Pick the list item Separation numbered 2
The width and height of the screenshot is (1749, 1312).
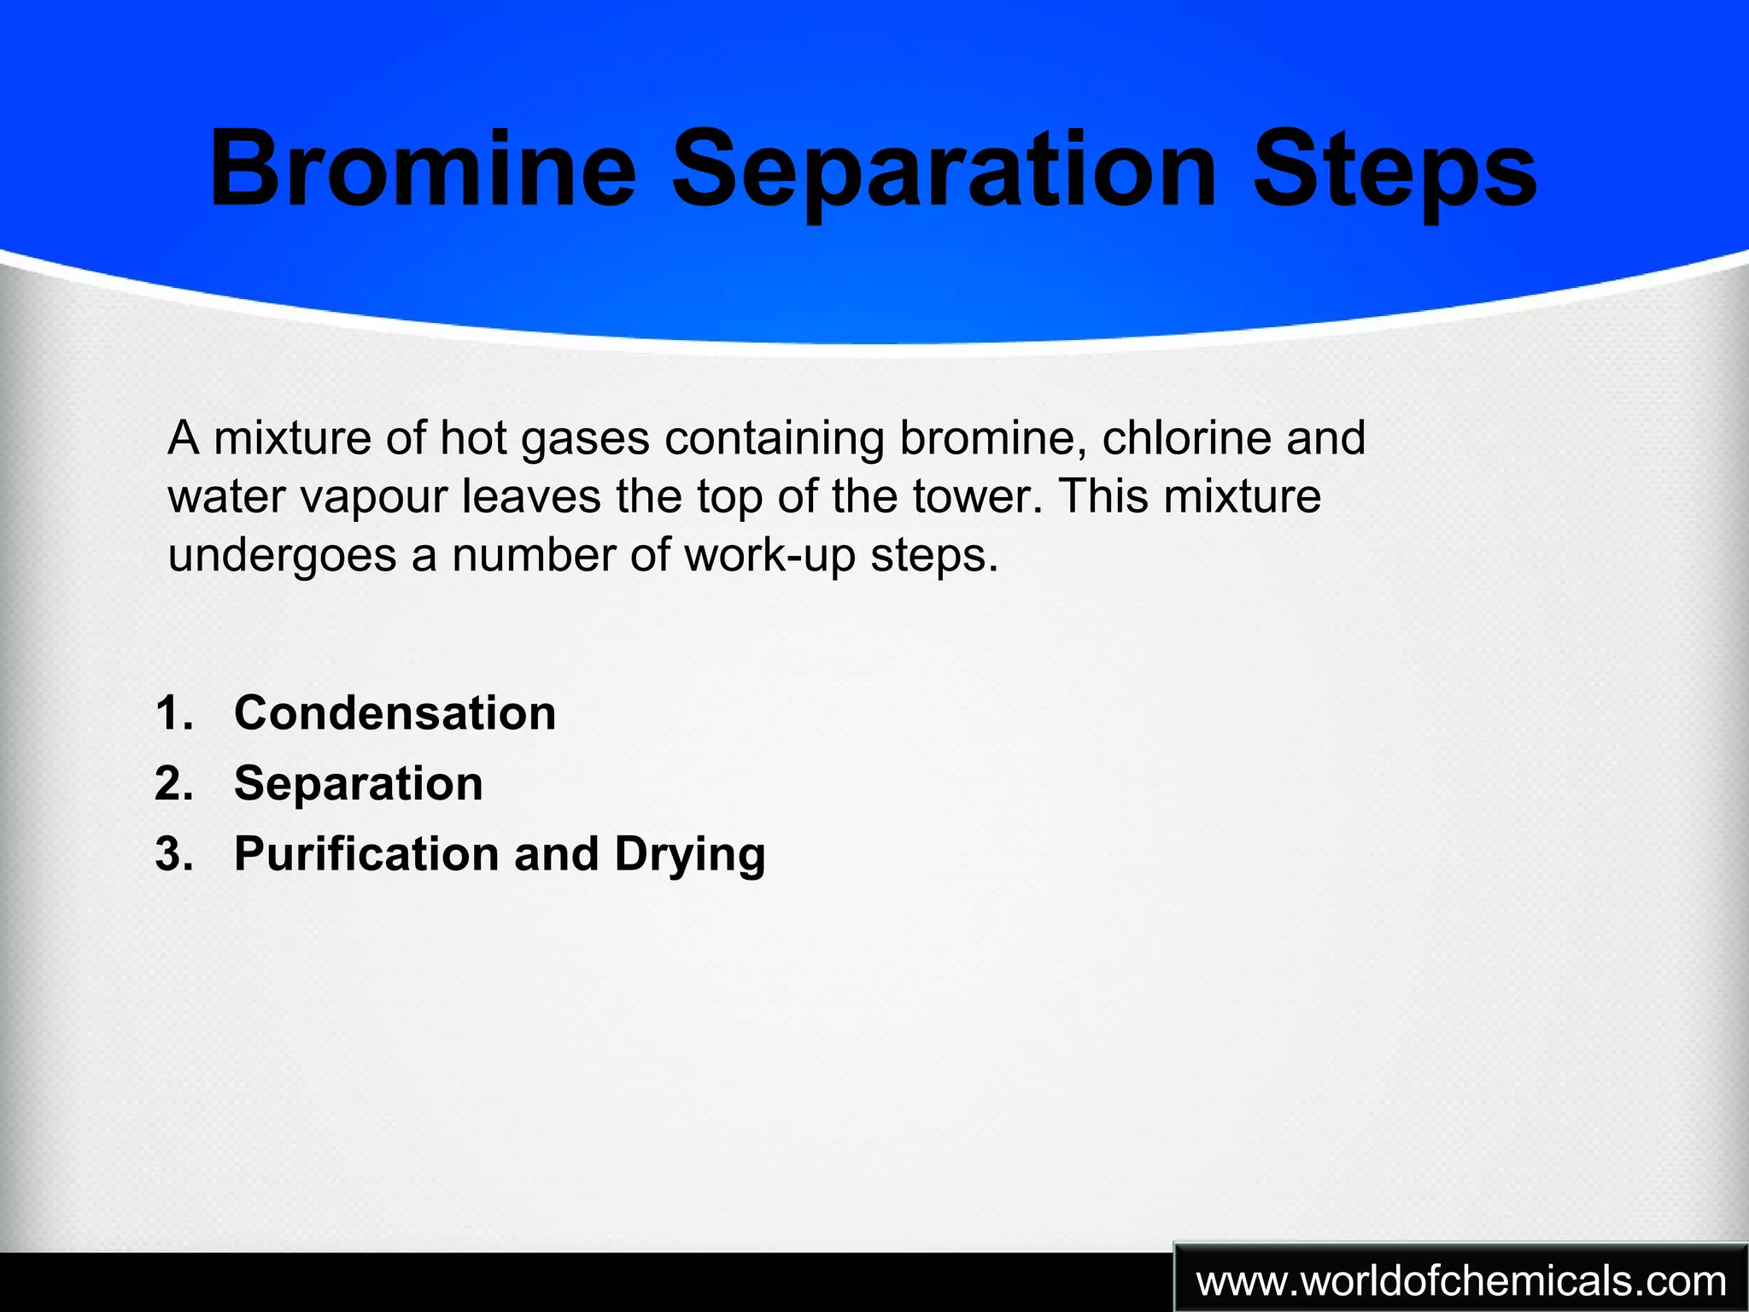(359, 783)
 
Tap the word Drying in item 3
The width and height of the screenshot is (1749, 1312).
(689, 855)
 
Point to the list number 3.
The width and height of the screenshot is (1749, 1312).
(173, 854)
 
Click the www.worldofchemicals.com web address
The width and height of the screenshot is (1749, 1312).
(1461, 1281)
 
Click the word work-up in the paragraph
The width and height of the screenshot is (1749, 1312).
(769, 555)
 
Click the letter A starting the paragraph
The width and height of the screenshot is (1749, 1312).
(184, 437)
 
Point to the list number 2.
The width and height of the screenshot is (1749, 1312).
(173, 783)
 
